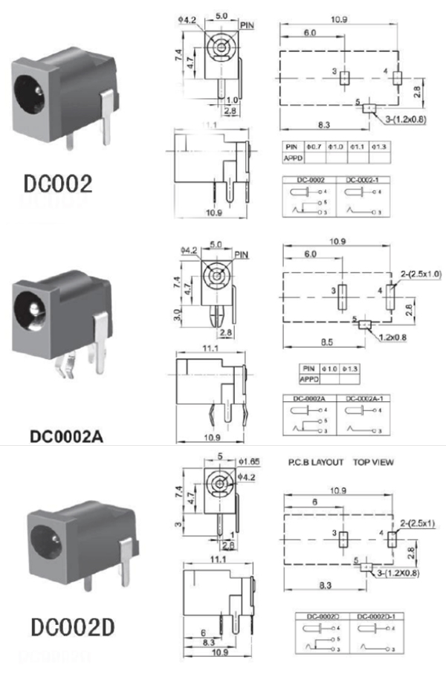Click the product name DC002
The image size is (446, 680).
[57, 184]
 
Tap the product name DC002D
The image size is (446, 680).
[72, 628]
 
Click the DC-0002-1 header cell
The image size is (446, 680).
[361, 181]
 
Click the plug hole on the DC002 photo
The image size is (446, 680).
[30, 94]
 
